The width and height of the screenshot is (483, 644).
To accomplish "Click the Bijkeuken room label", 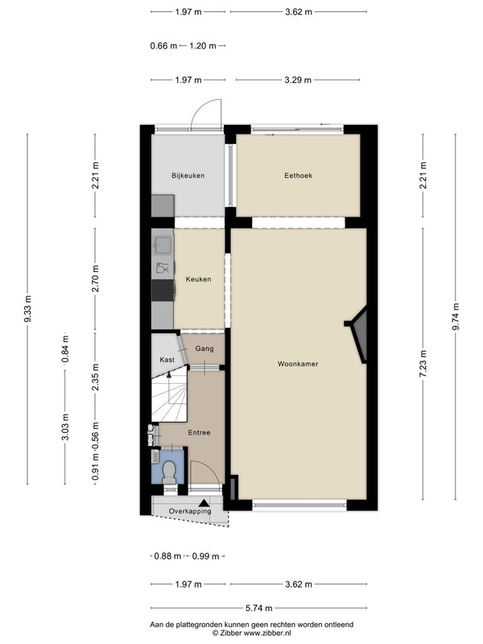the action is (188, 175).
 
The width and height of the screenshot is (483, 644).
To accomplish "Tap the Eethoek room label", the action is (298, 175).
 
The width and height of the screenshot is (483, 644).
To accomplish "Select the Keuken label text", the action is (198, 279).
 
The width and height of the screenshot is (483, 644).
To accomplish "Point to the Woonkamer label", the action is (298, 364).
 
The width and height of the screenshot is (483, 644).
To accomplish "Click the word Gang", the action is (204, 349).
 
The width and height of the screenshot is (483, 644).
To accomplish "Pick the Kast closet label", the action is (167, 360).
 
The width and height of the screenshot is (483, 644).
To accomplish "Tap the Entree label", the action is (199, 432).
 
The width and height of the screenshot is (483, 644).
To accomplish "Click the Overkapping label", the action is (190, 511).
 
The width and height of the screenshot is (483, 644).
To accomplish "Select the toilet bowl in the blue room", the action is (169, 473).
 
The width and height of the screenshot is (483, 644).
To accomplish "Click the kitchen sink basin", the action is (163, 245).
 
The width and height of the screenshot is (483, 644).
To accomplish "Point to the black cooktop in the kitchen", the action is (163, 291).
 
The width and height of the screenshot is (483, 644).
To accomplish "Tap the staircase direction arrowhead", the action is (169, 374).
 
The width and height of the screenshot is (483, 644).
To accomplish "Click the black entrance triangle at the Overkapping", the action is (204, 502).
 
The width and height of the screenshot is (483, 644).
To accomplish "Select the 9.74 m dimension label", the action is (456, 316).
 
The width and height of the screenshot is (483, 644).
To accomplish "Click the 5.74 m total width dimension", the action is (258, 608).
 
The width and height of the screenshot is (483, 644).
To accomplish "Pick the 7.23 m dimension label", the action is (423, 364).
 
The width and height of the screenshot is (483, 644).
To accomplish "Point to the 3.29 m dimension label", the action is (298, 80).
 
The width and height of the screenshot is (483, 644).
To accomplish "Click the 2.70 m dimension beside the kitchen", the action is (95, 279).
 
